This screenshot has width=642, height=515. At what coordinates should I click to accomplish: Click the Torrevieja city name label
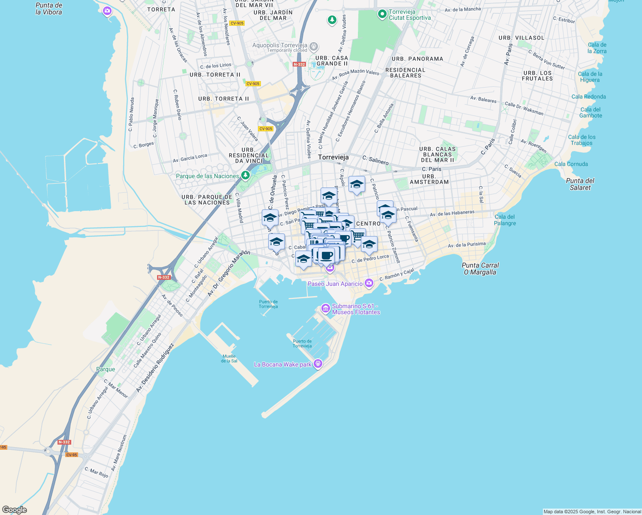click(x=333, y=158)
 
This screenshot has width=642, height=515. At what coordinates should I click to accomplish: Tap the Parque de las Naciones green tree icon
click(x=245, y=175)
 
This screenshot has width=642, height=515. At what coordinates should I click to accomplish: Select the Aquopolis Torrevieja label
click(x=279, y=45)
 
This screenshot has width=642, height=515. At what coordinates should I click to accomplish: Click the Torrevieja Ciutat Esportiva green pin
click(x=382, y=14)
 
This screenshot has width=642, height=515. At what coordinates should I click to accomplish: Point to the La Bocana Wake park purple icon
click(x=318, y=364)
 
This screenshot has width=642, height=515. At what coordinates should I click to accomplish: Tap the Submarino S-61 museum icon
click(x=325, y=308)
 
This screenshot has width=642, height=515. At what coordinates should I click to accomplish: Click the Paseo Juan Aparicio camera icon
click(x=369, y=283)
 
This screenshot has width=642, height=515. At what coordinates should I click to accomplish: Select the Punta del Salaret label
click(x=580, y=184)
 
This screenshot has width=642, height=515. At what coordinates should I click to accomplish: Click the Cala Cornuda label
click(x=571, y=164)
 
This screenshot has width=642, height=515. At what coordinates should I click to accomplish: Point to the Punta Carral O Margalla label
click(x=480, y=269)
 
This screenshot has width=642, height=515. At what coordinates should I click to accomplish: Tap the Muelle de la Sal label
click(x=229, y=358)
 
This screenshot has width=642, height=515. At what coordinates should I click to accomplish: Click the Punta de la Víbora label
click(x=48, y=9)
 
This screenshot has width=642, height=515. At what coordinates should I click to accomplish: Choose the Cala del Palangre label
click(x=505, y=220)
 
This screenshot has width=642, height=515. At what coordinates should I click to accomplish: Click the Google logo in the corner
click(x=14, y=510)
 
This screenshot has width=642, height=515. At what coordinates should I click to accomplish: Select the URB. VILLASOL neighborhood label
click(x=521, y=38)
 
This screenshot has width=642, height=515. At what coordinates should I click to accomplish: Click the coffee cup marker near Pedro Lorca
click(x=326, y=255)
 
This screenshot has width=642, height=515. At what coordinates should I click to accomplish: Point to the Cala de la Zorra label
click(x=597, y=48)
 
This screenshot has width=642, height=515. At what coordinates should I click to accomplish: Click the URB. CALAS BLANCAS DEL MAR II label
click(x=437, y=154)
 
